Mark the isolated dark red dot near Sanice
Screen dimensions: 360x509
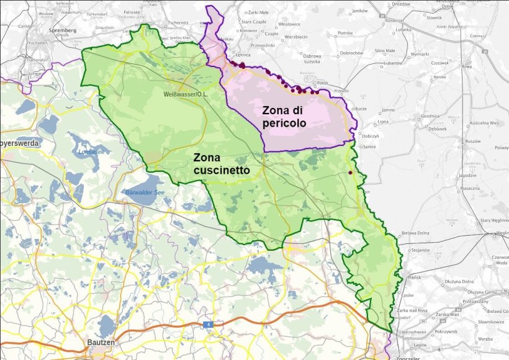(350, 173)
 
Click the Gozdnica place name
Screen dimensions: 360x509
(430, 116)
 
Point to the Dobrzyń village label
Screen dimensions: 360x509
(371, 136)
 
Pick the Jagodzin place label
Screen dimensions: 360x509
(467, 176)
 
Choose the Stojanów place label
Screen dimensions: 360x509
(420, 250)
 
